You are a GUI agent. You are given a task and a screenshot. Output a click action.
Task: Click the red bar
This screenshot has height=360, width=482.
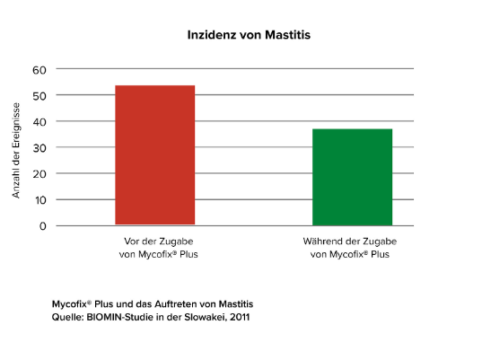click(x=154, y=154)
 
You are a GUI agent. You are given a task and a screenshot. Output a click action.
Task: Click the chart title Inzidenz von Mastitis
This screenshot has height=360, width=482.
click(x=242, y=35)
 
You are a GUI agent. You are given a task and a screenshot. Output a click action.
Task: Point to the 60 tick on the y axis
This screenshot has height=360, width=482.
click(x=40, y=69)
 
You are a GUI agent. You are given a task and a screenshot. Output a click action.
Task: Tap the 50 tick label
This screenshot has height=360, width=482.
click(x=40, y=95)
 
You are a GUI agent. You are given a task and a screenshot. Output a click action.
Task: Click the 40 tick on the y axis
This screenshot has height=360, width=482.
click(x=40, y=121)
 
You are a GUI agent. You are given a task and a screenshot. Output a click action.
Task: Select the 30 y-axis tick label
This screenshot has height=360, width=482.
click(x=40, y=147)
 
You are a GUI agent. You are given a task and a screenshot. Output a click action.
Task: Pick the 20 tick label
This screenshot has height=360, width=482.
click(x=40, y=173)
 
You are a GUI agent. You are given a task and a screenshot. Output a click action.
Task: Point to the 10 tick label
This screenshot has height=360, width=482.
click(x=40, y=199)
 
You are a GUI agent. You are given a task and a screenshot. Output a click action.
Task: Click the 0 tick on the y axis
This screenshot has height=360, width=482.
click(x=43, y=225)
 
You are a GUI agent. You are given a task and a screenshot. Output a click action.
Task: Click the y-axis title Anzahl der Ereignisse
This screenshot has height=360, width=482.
click(x=16, y=147)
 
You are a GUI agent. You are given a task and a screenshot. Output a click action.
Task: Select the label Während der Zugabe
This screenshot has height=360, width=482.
click(x=352, y=242)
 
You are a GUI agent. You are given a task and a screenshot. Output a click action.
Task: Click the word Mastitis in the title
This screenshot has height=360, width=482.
click(x=272, y=35)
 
